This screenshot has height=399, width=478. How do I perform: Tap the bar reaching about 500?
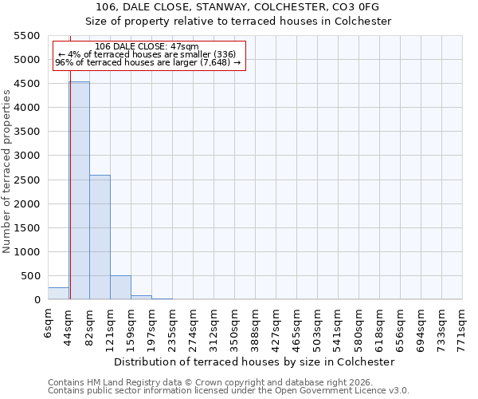pos(120,287)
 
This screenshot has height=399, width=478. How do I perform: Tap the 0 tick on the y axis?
pos(37,300)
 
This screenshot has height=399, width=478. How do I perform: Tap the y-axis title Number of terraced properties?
pos(7,172)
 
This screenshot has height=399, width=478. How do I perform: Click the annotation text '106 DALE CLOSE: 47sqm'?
pos(147,47)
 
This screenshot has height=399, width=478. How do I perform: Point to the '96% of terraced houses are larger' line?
pos(147,63)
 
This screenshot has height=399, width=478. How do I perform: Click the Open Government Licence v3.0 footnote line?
pos(229,391)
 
